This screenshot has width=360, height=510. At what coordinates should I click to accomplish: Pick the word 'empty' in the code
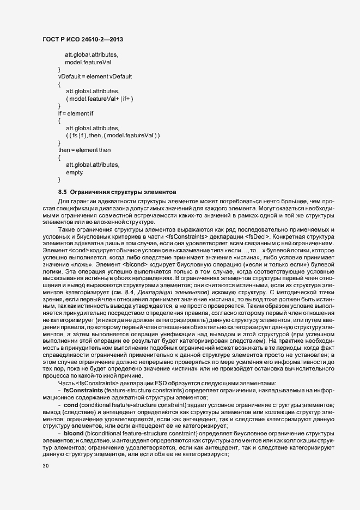[74, 172]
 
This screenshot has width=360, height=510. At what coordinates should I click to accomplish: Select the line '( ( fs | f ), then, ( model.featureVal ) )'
[112, 135]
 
